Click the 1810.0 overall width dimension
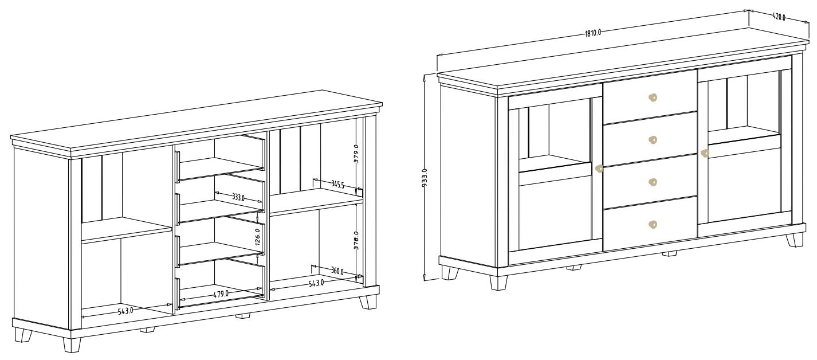coord(592,33)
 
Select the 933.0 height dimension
coord(424,178)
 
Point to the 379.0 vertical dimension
coord(356,154)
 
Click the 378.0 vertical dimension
coord(356,240)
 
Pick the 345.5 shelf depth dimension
coord(337,185)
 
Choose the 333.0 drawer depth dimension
coord(238,198)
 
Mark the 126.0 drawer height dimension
coord(257,237)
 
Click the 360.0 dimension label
coord(337,271)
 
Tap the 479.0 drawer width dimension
coord(221,294)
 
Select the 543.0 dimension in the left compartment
coord(125,311)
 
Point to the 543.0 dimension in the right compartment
coord(316,283)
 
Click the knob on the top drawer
coord(653,97)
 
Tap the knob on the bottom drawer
coord(653,224)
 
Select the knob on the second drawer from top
coord(653,140)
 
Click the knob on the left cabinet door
coord(599,169)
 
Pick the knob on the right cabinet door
coord(704,154)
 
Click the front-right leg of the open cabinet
coord(368,302)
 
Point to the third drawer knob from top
coord(653,182)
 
